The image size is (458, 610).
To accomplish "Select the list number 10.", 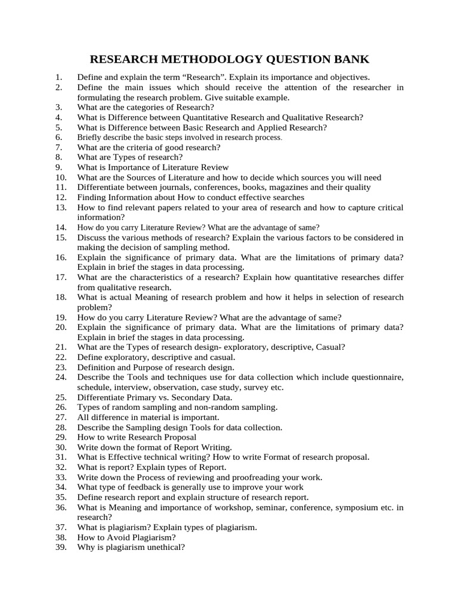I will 61,178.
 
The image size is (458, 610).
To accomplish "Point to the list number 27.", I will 61,418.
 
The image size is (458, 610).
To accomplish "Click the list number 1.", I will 58,77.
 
